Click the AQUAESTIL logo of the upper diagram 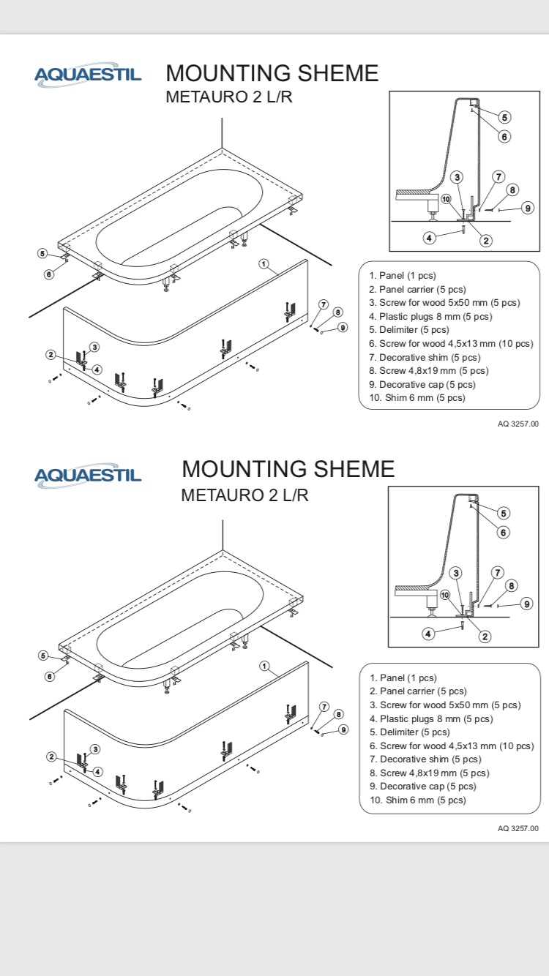88,75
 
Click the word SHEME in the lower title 354,468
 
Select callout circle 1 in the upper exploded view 264,264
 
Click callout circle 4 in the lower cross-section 430,634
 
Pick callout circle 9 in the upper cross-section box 528,207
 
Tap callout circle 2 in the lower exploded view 51,757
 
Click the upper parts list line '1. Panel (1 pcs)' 402,276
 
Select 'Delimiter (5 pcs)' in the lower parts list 410,732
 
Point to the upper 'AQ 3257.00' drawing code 518,424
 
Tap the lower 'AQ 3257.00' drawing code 518,828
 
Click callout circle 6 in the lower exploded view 50,677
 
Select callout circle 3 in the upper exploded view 94,346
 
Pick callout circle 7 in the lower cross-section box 497,572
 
